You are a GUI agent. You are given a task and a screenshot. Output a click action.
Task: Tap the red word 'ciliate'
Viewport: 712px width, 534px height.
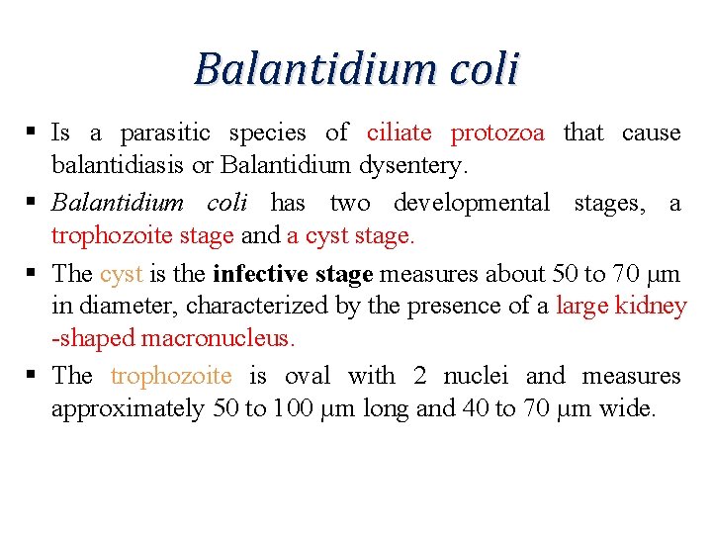pyautogui.click(x=400, y=133)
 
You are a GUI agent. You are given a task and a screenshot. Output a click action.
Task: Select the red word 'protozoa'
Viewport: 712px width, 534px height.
pyautogui.click(x=497, y=133)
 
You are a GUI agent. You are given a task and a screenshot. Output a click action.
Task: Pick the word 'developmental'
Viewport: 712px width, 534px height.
pyautogui.click(x=472, y=203)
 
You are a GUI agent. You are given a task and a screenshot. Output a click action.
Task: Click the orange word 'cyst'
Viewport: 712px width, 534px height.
pyautogui.click(x=122, y=273)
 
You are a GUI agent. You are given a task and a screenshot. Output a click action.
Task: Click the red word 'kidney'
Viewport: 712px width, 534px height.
pyautogui.click(x=651, y=307)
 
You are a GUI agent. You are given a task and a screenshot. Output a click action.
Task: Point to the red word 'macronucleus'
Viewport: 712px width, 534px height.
pyautogui.click(x=218, y=338)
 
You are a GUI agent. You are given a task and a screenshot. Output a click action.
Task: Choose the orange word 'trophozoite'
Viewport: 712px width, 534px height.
pyautogui.click(x=171, y=376)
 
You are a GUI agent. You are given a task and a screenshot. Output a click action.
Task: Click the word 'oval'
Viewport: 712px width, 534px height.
pyautogui.click(x=308, y=376)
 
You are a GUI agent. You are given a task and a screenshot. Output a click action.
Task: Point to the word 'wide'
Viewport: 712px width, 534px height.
pyautogui.click(x=627, y=408)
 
